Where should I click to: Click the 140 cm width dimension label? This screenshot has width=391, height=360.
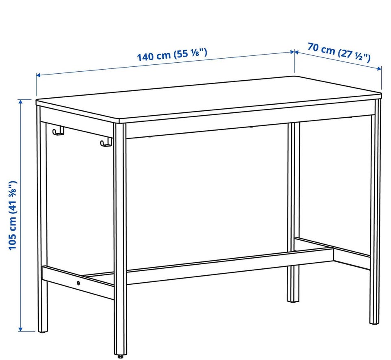[172, 55]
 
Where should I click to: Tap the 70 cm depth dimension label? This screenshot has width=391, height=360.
[339, 53]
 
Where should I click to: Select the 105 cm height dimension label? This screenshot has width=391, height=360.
[13, 215]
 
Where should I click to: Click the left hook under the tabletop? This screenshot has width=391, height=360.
[58, 131]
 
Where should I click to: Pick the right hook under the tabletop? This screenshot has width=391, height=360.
[106, 143]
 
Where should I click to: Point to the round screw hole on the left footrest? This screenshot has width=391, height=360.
[79, 283]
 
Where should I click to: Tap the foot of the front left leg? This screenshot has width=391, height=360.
[43, 331]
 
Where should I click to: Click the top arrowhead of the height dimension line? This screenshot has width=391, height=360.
[20, 101]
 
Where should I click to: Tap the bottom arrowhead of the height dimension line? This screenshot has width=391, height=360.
[20, 329]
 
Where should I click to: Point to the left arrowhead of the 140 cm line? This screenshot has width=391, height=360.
[38, 75]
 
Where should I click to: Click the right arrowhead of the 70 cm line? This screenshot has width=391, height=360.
[380, 68]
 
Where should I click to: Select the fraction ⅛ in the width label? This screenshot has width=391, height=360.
[195, 53]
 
